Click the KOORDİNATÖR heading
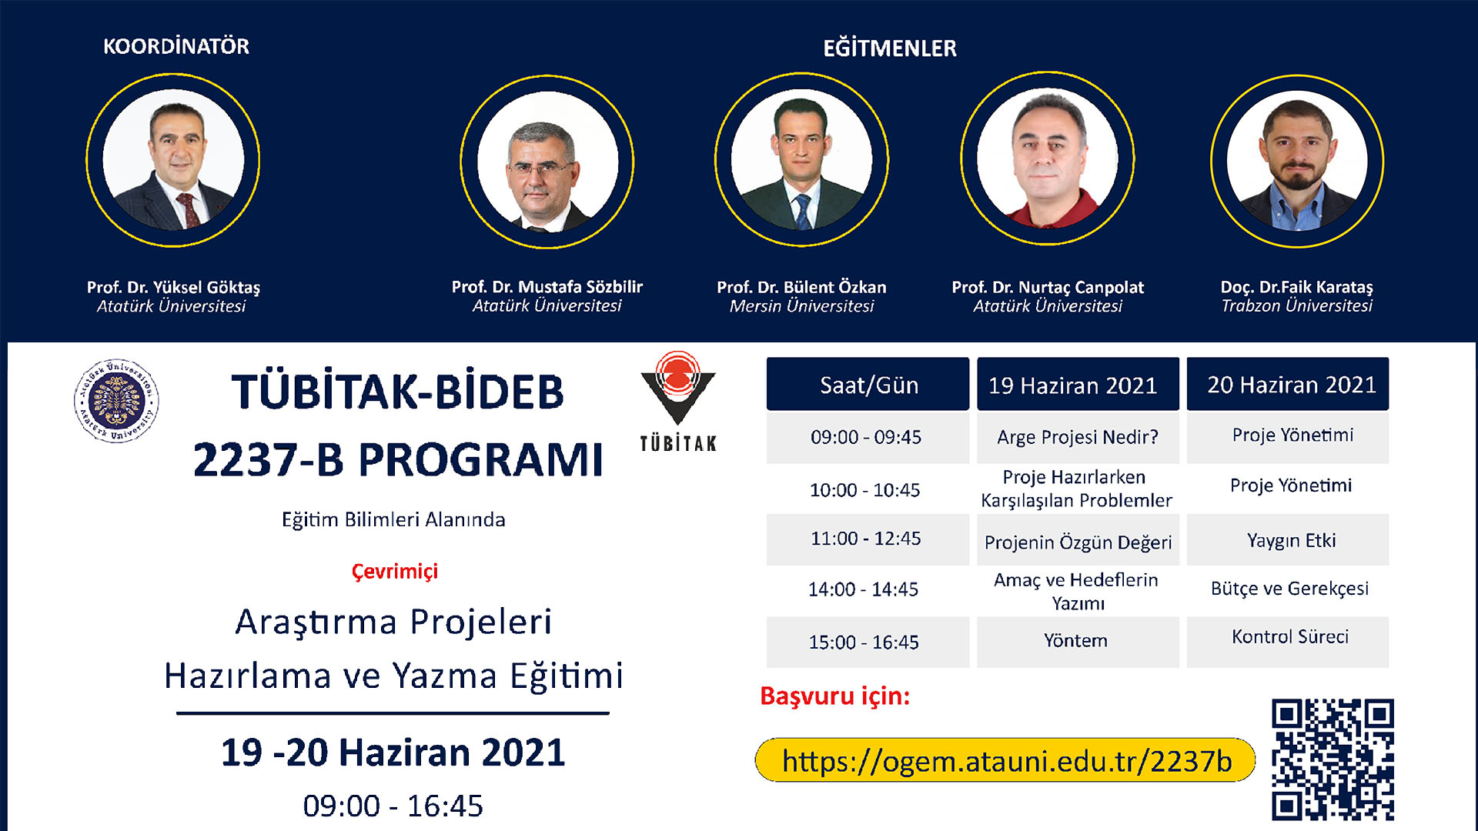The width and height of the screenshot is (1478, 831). tap(176, 46)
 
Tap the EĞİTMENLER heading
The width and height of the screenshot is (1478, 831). tap(890, 48)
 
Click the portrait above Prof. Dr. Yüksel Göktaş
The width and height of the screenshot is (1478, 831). tap(173, 160)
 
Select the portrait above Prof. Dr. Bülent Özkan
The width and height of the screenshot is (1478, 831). tap(801, 160)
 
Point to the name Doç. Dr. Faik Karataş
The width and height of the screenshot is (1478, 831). tap(1296, 287)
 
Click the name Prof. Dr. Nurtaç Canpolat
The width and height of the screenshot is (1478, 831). tap(1048, 287)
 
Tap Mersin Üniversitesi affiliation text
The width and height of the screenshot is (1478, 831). tap(801, 306)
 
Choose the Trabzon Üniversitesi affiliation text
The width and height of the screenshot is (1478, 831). tap(1296, 306)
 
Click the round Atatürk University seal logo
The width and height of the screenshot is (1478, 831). tap(116, 400)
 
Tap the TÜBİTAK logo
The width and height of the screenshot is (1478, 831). tap(678, 401)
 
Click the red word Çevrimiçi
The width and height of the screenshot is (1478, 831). tap(394, 572)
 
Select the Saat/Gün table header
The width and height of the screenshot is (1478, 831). tap(868, 384)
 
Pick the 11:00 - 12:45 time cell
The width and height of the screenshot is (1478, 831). tap(868, 539)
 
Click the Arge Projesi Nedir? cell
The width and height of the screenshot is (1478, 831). tap(1078, 437)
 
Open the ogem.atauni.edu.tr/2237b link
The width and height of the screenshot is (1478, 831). tap(1006, 761)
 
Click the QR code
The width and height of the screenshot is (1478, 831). tap(1333, 759)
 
